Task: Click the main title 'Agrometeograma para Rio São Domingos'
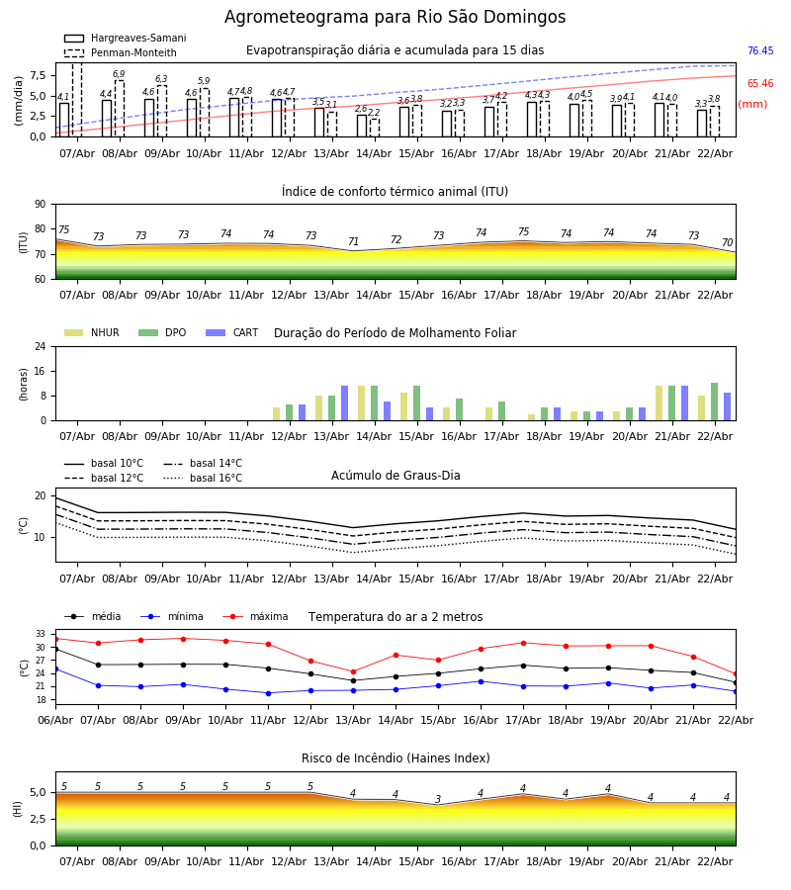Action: click(395, 17)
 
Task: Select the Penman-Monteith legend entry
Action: click(121, 52)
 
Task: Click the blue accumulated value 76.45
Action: click(760, 50)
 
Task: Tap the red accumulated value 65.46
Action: click(760, 83)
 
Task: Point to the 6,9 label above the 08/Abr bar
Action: click(119, 74)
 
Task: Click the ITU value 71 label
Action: click(354, 241)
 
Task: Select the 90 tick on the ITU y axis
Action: click(41, 205)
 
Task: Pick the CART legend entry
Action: click(232, 332)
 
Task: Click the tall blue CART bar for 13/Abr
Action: click(344, 403)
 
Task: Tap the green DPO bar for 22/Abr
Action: click(715, 401)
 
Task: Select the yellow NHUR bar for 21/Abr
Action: click(659, 403)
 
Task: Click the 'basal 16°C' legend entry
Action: click(203, 478)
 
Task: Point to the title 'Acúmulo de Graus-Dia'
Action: click(395, 475)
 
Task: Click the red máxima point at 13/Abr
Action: click(354, 672)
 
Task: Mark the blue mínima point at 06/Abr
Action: click(55, 669)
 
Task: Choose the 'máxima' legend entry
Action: click(255, 616)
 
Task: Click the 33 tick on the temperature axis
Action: click(41, 634)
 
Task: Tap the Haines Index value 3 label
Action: click(438, 799)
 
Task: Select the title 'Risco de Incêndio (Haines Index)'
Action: click(395, 758)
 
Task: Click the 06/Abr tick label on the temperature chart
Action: click(55, 720)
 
